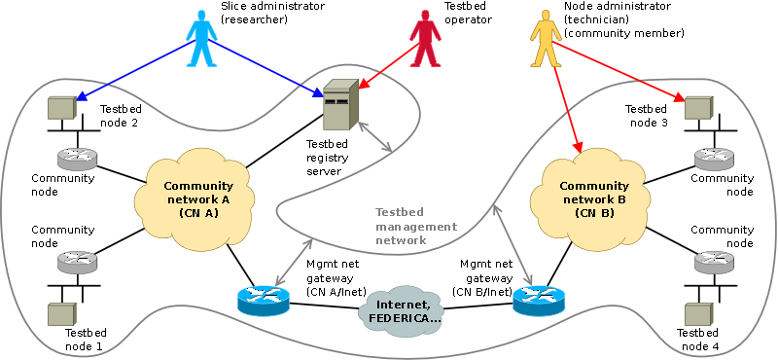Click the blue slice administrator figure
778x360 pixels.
coord(201,40)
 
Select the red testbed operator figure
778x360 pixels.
coord(425,40)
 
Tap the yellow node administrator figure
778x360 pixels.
coord(546,40)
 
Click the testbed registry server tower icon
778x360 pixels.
coord(340,106)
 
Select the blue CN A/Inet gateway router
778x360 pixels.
coord(263,300)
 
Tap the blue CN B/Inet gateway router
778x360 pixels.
coord(539,301)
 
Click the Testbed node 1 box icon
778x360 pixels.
coord(61,314)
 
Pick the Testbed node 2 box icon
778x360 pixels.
coord(61,107)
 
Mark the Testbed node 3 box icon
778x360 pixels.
coord(698,107)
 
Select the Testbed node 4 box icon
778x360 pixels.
coord(698,314)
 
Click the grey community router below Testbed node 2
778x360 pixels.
coord(77,158)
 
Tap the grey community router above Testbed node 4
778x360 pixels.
coord(714,261)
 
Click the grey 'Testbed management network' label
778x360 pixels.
coord(416,227)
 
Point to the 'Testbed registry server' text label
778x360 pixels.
coord(327,158)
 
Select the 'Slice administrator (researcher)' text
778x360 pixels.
coord(272,14)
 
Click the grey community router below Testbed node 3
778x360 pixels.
coord(714,158)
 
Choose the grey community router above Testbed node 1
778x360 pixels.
coord(77,261)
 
